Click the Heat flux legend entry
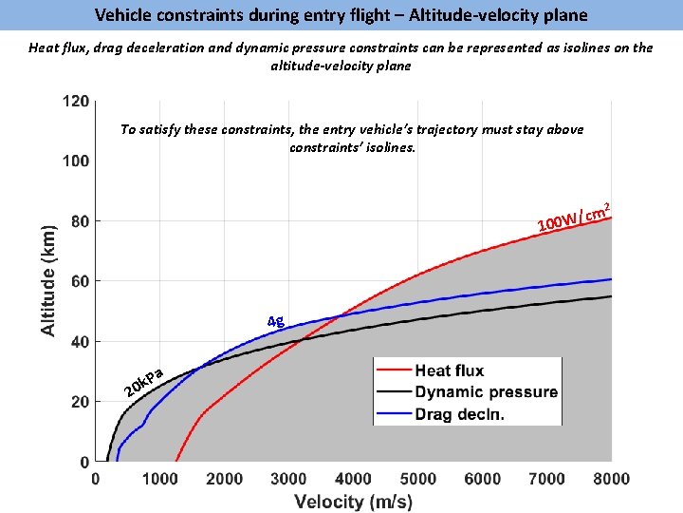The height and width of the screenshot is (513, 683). coord(450,370)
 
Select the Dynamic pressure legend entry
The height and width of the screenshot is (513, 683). coord(486,391)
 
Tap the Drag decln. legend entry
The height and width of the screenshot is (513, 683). coord(459,413)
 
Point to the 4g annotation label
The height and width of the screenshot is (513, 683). coord(275,321)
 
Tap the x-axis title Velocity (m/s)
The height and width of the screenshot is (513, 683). coord(353,501)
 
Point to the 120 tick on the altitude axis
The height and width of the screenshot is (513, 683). coord(76,101)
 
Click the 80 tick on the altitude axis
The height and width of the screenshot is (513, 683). coord(80,221)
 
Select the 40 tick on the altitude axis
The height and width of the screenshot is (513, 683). coord(80,342)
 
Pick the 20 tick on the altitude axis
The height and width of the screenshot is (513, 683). coord(80,402)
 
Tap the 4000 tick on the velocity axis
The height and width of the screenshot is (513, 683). coord(353,479)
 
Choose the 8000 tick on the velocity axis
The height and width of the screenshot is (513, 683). coord(611,479)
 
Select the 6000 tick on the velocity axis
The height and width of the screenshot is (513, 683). coord(482,479)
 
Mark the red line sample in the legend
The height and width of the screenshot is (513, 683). coord(394,370)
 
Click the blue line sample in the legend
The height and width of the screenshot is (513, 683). coord(394,413)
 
